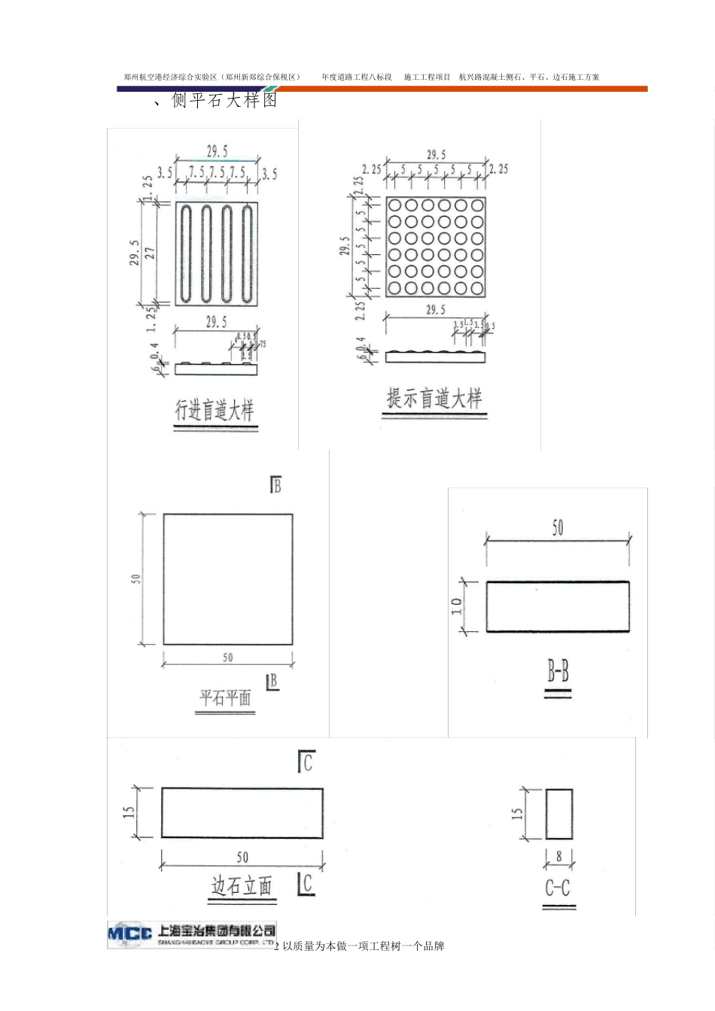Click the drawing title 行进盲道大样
pos(214,410)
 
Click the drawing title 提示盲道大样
pos(434,398)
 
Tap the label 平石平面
pos(225,697)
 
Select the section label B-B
pos(558,671)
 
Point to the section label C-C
pos(558,888)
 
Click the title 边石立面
pos(242,886)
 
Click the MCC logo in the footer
pos(130,934)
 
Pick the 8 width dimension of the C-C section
pos(558,856)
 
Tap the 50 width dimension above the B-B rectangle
pos(558,527)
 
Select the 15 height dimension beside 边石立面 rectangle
pos(129,812)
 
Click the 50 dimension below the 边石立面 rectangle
pos(242,857)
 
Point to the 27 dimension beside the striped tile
pos(151,254)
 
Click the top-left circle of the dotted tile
pos(394,205)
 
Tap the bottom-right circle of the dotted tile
pos(477,288)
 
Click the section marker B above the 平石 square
pos(275,485)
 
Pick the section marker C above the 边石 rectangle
pos(306,762)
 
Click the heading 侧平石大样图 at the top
pos(224,100)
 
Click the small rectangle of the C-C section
pos(558,814)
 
